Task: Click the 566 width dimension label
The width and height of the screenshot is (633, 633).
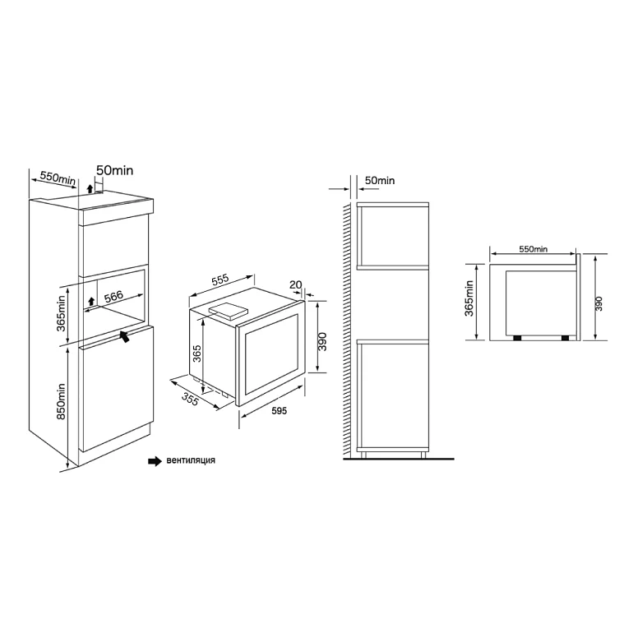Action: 113,297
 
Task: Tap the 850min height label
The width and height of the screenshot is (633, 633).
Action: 61,401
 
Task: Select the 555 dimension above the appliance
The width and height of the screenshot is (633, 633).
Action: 220,280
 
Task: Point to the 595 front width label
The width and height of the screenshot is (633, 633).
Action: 279,410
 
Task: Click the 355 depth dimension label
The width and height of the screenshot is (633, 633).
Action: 190,399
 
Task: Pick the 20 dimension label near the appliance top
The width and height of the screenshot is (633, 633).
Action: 295,284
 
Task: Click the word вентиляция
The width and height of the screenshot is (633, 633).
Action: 191,460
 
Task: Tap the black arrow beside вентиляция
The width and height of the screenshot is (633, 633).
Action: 155,461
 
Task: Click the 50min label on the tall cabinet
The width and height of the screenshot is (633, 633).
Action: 114,170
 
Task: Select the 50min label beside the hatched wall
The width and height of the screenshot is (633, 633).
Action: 380,181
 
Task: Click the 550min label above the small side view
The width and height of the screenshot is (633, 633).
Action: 534,249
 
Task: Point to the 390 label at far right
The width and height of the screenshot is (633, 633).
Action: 598,303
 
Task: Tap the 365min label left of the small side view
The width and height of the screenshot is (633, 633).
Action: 469,298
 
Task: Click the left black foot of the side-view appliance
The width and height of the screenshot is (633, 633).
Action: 517,338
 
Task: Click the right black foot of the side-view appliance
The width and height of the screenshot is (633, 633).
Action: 565,338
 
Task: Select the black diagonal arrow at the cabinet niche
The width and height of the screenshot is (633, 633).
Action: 125,336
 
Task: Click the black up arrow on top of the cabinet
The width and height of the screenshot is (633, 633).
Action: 90,187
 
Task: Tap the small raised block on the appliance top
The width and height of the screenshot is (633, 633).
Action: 227,312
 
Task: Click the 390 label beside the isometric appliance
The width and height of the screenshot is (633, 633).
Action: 321,341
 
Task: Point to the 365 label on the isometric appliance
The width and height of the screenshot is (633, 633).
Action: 196,353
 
